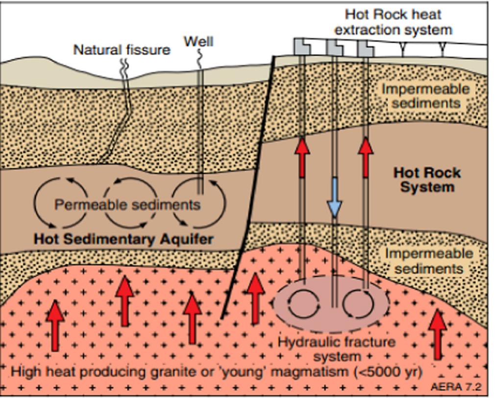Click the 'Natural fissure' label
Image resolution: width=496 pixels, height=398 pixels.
[122, 50]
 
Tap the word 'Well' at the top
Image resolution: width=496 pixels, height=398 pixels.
[198, 41]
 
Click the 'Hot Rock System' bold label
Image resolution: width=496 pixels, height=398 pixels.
[427, 179]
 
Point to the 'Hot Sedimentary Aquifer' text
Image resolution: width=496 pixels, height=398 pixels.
[123, 240]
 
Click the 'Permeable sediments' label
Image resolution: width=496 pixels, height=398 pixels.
[127, 204]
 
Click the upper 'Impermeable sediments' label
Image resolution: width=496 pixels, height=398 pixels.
[425, 96]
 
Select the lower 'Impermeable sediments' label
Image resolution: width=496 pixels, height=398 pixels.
[429, 261]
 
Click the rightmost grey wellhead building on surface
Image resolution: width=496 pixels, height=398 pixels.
[365, 48]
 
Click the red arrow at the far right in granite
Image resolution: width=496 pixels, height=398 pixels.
[438, 333]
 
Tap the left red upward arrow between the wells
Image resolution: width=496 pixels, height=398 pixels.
[302, 157]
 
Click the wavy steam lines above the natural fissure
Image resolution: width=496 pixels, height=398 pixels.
[124, 66]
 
